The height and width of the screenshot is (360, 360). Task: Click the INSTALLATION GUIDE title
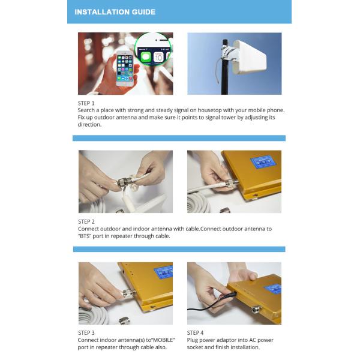tap(115, 12)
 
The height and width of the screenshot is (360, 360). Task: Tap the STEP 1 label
tap(86, 103)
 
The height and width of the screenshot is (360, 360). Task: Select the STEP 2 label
tap(86, 222)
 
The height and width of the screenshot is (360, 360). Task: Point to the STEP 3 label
tap(86, 333)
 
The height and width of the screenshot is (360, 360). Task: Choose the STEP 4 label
tap(195, 333)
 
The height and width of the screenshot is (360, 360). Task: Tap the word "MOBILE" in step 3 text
tap(163, 340)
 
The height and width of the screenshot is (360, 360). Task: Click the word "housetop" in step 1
tap(209, 110)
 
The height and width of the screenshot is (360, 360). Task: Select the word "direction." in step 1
tap(89, 125)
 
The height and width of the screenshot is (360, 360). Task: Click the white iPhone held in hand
tap(125, 68)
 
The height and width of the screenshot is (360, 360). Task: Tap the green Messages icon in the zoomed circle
tap(146, 57)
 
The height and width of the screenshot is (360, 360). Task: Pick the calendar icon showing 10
tap(158, 57)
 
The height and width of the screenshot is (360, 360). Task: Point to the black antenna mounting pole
tap(225, 67)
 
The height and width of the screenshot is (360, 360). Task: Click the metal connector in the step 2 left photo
tap(124, 182)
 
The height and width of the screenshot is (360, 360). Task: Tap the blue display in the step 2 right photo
tap(263, 161)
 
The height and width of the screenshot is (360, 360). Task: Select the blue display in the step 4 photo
tap(273, 289)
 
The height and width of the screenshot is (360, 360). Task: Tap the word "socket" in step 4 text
tap(194, 347)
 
